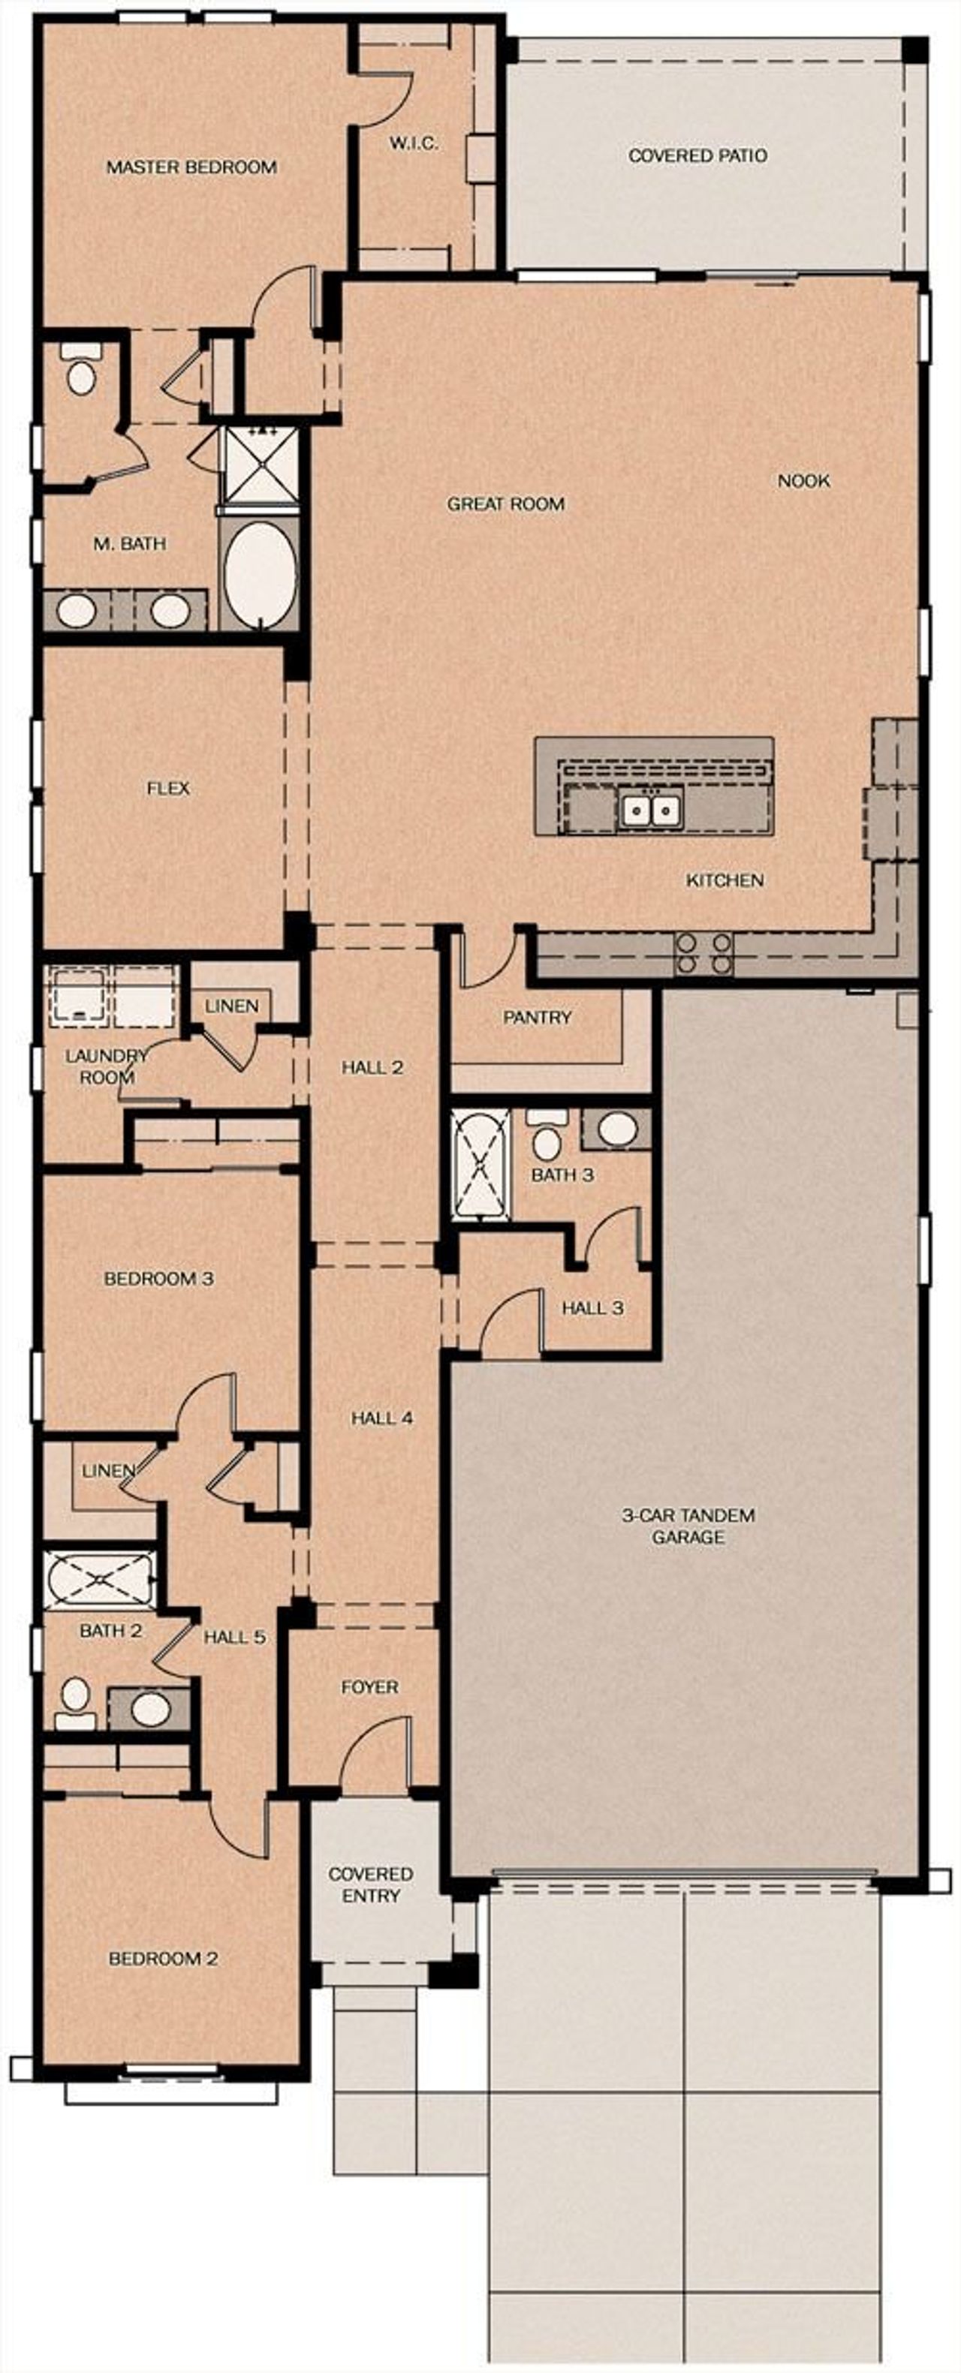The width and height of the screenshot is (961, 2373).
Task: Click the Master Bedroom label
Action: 191,167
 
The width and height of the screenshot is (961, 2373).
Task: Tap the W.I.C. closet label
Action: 413,143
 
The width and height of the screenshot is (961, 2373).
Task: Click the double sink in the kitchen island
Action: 650,810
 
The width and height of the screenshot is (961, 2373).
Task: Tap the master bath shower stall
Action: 263,465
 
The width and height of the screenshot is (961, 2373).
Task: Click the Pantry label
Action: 537,1017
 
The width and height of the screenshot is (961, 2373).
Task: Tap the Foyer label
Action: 369,1687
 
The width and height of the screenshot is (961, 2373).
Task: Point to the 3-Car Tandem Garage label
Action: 688,1526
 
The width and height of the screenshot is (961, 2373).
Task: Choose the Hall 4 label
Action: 381,1418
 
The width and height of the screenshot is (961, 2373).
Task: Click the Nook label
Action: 803,481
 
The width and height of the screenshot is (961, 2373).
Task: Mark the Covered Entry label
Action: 370,1884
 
